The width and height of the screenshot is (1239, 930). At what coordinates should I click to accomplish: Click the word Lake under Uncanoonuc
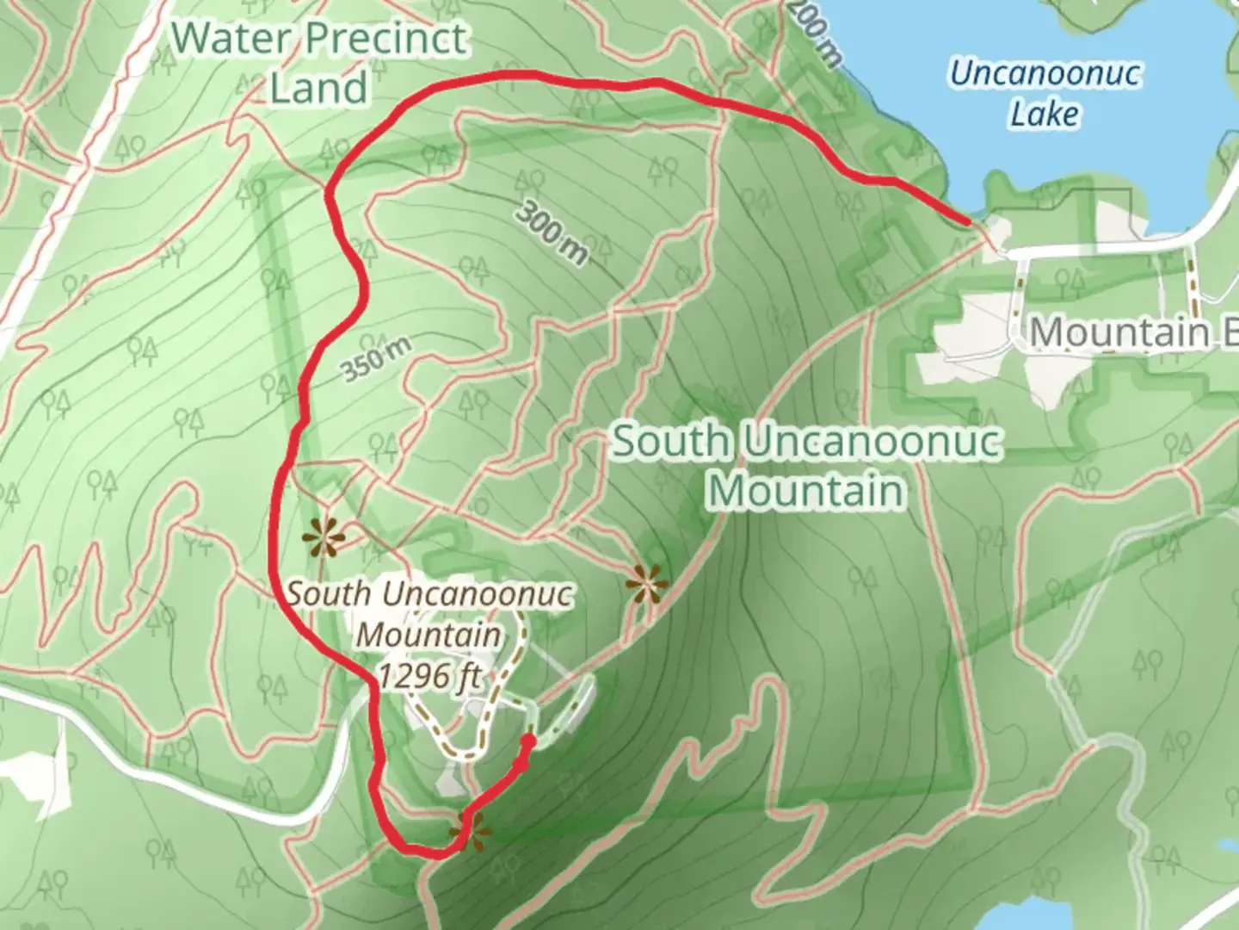(x=1045, y=114)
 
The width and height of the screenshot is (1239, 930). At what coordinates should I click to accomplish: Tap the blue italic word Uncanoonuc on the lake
(x=1045, y=73)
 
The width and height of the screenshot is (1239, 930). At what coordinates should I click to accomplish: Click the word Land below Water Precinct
(x=318, y=88)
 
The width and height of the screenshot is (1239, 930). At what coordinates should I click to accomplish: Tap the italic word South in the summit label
(x=329, y=593)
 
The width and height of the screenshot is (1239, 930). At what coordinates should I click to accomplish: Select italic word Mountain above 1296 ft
(x=428, y=635)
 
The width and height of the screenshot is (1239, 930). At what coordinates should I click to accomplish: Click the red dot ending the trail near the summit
(x=528, y=741)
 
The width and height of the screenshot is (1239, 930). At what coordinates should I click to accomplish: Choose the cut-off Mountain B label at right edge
(x=1132, y=332)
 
